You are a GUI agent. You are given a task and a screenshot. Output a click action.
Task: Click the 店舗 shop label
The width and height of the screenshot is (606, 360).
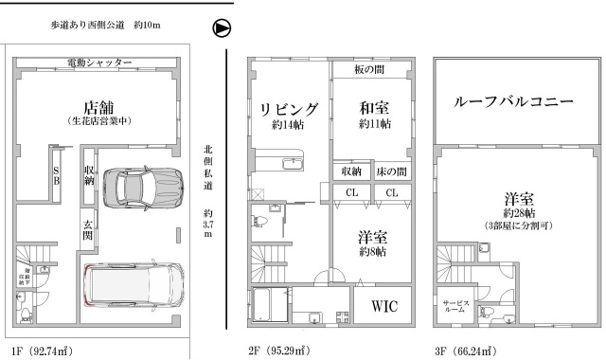point(98,105)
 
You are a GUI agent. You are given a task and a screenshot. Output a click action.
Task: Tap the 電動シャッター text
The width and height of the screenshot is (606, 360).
point(99,63)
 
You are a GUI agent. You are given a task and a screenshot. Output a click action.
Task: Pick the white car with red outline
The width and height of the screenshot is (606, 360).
point(134,285)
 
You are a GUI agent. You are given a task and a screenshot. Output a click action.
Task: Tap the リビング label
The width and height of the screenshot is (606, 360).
point(290,108)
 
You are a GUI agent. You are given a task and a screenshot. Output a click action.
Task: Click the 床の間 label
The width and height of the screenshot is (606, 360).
point(392,171)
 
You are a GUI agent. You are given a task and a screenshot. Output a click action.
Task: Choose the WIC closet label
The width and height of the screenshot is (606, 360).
point(383,307)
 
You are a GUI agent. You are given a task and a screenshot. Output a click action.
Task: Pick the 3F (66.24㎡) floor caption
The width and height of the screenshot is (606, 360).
point(465,351)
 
